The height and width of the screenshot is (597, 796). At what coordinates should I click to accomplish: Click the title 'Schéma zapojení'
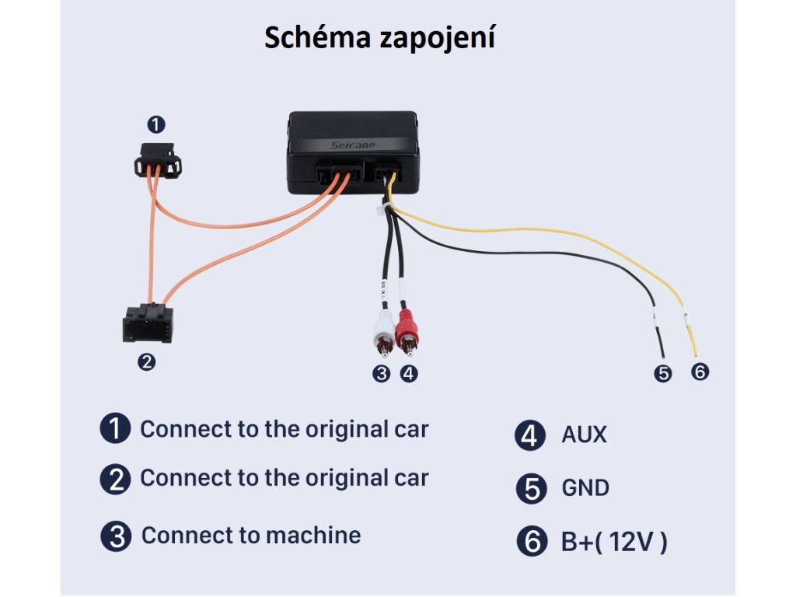click(x=380, y=37)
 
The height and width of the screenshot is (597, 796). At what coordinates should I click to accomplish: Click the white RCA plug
click(x=383, y=331)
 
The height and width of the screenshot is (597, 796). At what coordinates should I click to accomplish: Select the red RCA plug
click(x=407, y=331)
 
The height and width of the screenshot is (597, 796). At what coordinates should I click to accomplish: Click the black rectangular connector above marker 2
click(x=148, y=323)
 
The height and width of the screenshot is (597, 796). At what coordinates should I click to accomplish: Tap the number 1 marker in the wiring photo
click(x=156, y=124)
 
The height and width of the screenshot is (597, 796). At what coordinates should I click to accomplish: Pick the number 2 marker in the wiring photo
click(x=146, y=361)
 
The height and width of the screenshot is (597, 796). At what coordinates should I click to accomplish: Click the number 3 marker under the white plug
click(x=381, y=373)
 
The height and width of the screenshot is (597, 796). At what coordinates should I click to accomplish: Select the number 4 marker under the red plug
click(x=409, y=373)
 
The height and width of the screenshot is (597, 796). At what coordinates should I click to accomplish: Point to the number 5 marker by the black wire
click(x=662, y=373)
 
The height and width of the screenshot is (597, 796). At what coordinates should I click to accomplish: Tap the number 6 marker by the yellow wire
click(x=700, y=372)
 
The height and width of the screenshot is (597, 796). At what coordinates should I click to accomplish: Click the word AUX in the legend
click(x=584, y=435)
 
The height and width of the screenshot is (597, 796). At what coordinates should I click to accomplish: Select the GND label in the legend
click(x=585, y=488)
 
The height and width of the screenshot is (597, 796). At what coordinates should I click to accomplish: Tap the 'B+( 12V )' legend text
click(x=613, y=542)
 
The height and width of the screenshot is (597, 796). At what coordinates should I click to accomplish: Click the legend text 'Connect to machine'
click(x=250, y=536)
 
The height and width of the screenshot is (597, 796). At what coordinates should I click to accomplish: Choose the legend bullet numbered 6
click(x=532, y=542)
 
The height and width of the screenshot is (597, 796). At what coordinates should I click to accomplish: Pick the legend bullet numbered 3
click(x=115, y=536)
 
